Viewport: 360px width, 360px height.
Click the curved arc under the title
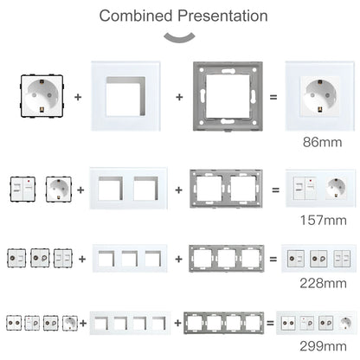(180, 35)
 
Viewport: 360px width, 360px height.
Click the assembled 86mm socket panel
(321, 97)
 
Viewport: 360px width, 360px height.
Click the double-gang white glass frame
(131, 188)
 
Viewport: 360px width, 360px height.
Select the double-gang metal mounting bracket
(229, 188)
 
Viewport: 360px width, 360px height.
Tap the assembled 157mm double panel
(320, 188)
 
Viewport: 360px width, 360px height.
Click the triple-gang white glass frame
(131, 258)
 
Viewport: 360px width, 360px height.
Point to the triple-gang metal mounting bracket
(229, 258)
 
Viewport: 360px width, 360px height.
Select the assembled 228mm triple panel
(320, 258)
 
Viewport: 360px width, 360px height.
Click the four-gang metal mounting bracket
(226, 324)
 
